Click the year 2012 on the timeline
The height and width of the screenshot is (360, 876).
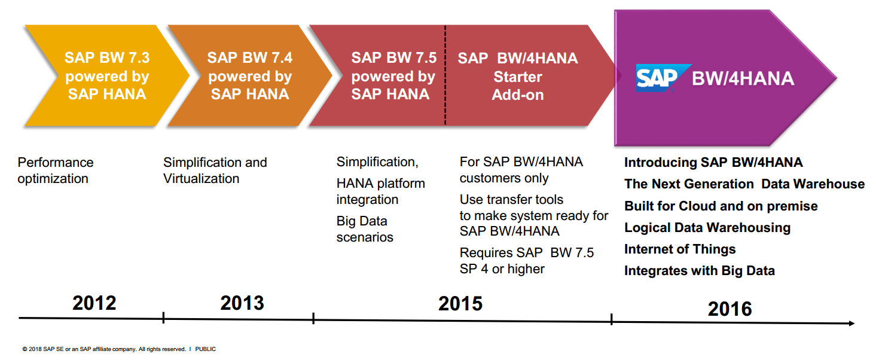click(94, 303)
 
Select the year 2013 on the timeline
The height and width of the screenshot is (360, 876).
click(242, 303)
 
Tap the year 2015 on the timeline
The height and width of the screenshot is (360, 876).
click(460, 304)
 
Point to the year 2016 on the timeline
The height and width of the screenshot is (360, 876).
click(730, 309)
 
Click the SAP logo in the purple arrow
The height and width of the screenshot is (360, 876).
click(657, 78)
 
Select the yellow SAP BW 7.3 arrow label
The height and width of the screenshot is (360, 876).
click(107, 76)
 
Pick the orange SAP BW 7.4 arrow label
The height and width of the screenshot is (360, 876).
click(250, 76)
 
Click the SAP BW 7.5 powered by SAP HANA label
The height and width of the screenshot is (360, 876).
click(393, 76)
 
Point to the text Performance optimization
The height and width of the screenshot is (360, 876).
click(56, 170)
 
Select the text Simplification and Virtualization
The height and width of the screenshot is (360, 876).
click(215, 170)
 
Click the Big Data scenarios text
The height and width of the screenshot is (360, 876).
click(365, 229)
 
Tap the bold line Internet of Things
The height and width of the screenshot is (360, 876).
click(680, 249)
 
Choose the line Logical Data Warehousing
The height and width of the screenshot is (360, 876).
click(707, 228)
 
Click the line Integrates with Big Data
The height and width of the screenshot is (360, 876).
click(700, 271)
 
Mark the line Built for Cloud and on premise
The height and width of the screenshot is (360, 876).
click(721, 206)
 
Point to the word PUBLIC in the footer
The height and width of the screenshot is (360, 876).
click(205, 349)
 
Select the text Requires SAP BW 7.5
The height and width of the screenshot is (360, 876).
click(527, 253)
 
